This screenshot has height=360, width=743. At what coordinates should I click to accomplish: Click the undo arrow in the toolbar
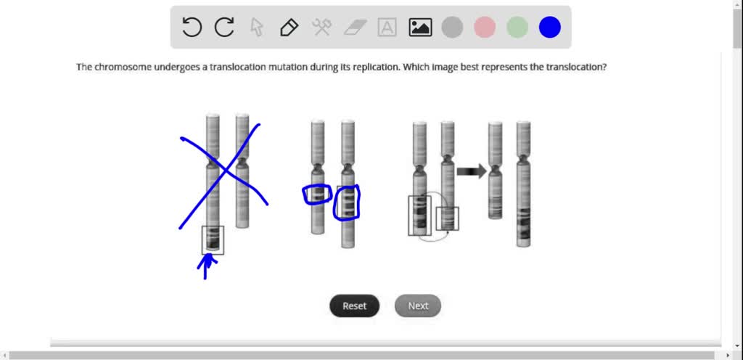[x=192, y=28]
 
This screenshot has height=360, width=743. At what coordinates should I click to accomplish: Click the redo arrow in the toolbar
[x=224, y=28]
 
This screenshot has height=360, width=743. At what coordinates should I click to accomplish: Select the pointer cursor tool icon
[x=256, y=28]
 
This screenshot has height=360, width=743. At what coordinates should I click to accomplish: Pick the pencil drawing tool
[x=289, y=28]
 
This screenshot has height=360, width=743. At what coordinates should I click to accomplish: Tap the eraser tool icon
[x=355, y=28]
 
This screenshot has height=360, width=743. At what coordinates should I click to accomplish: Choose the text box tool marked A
[x=387, y=28]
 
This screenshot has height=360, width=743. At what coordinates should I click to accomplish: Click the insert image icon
[x=420, y=28]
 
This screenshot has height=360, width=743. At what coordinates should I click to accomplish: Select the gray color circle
[x=452, y=28]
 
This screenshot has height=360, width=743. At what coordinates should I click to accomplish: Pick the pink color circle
[x=485, y=28]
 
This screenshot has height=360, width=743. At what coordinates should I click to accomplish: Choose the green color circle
[x=517, y=28]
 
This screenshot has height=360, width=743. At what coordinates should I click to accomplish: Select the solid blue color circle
[x=550, y=28]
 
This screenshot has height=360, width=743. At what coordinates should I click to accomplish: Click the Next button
[x=418, y=306]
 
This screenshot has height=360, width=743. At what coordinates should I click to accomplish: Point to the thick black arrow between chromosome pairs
[x=472, y=171]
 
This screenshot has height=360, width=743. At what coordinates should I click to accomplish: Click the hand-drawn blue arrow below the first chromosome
[x=208, y=266]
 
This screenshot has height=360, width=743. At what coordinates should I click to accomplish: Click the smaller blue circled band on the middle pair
[x=317, y=195]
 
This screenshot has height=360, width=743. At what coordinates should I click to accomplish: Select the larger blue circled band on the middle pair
[x=348, y=202]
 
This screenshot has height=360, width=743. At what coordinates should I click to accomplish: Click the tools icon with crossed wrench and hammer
[x=321, y=28]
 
